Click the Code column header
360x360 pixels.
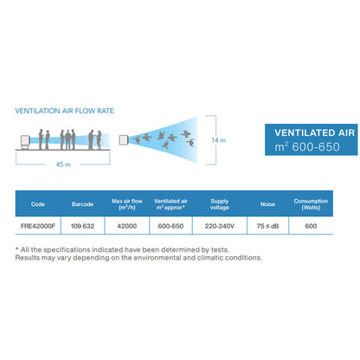[38, 204]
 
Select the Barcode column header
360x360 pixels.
[82, 204]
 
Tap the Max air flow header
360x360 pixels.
[127, 204]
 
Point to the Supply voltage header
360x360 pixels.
[220, 204]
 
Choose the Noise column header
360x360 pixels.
[267, 204]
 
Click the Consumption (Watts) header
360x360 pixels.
[311, 204]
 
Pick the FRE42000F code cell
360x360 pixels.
[38, 226]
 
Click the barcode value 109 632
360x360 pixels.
[82, 226]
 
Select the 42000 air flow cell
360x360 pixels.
[127, 226]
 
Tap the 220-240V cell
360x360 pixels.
[220, 226]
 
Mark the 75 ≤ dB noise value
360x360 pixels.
[267, 226]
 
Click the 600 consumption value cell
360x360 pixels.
[311, 226]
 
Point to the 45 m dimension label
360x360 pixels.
[63, 164]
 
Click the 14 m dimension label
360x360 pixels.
[218, 140]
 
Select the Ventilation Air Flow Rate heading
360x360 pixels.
[65, 111]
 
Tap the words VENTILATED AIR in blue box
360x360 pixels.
[314, 133]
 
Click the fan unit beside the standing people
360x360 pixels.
[25, 142]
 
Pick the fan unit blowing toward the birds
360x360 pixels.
[124, 140]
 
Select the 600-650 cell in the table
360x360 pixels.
[170, 226]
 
